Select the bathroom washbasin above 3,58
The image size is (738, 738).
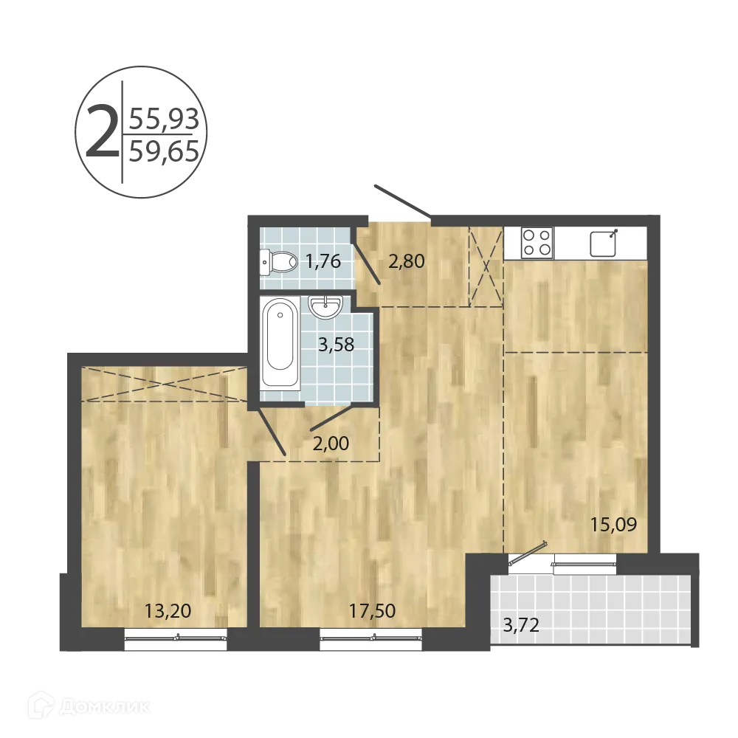(325, 306)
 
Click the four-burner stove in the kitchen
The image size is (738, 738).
(537, 242)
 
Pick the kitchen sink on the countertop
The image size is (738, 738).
(603, 243)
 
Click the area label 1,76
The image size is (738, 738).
(323, 261)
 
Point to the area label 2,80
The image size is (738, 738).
(406, 261)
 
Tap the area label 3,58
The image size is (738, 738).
(336, 344)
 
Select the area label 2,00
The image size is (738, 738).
(331, 444)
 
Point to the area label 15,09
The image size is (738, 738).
(613, 525)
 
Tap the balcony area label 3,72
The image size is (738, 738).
(521, 627)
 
